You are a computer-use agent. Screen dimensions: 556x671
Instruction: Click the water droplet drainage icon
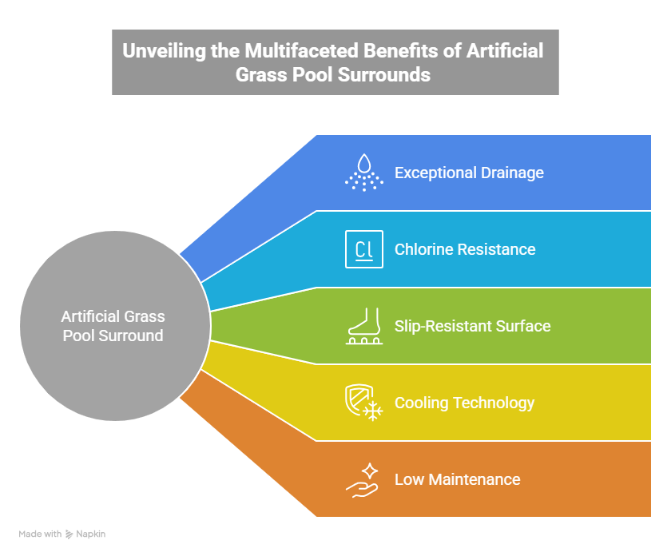coord(363,173)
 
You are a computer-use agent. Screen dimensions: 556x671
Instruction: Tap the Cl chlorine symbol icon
coord(363,249)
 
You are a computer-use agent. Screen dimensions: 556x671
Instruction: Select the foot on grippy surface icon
coord(363,326)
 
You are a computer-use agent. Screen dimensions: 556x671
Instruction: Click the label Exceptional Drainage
coord(469,173)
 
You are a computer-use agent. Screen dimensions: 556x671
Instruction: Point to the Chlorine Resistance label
coord(465,249)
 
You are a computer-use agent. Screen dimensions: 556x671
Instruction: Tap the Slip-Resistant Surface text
coord(472,326)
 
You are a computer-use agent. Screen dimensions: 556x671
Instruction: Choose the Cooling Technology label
coord(464,403)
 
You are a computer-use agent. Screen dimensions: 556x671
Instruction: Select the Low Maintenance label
coord(457,479)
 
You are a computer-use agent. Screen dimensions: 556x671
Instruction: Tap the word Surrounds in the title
coord(390,74)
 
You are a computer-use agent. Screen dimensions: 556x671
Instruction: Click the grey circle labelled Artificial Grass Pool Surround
coord(114,326)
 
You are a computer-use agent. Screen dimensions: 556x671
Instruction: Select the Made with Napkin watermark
coord(62,534)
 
